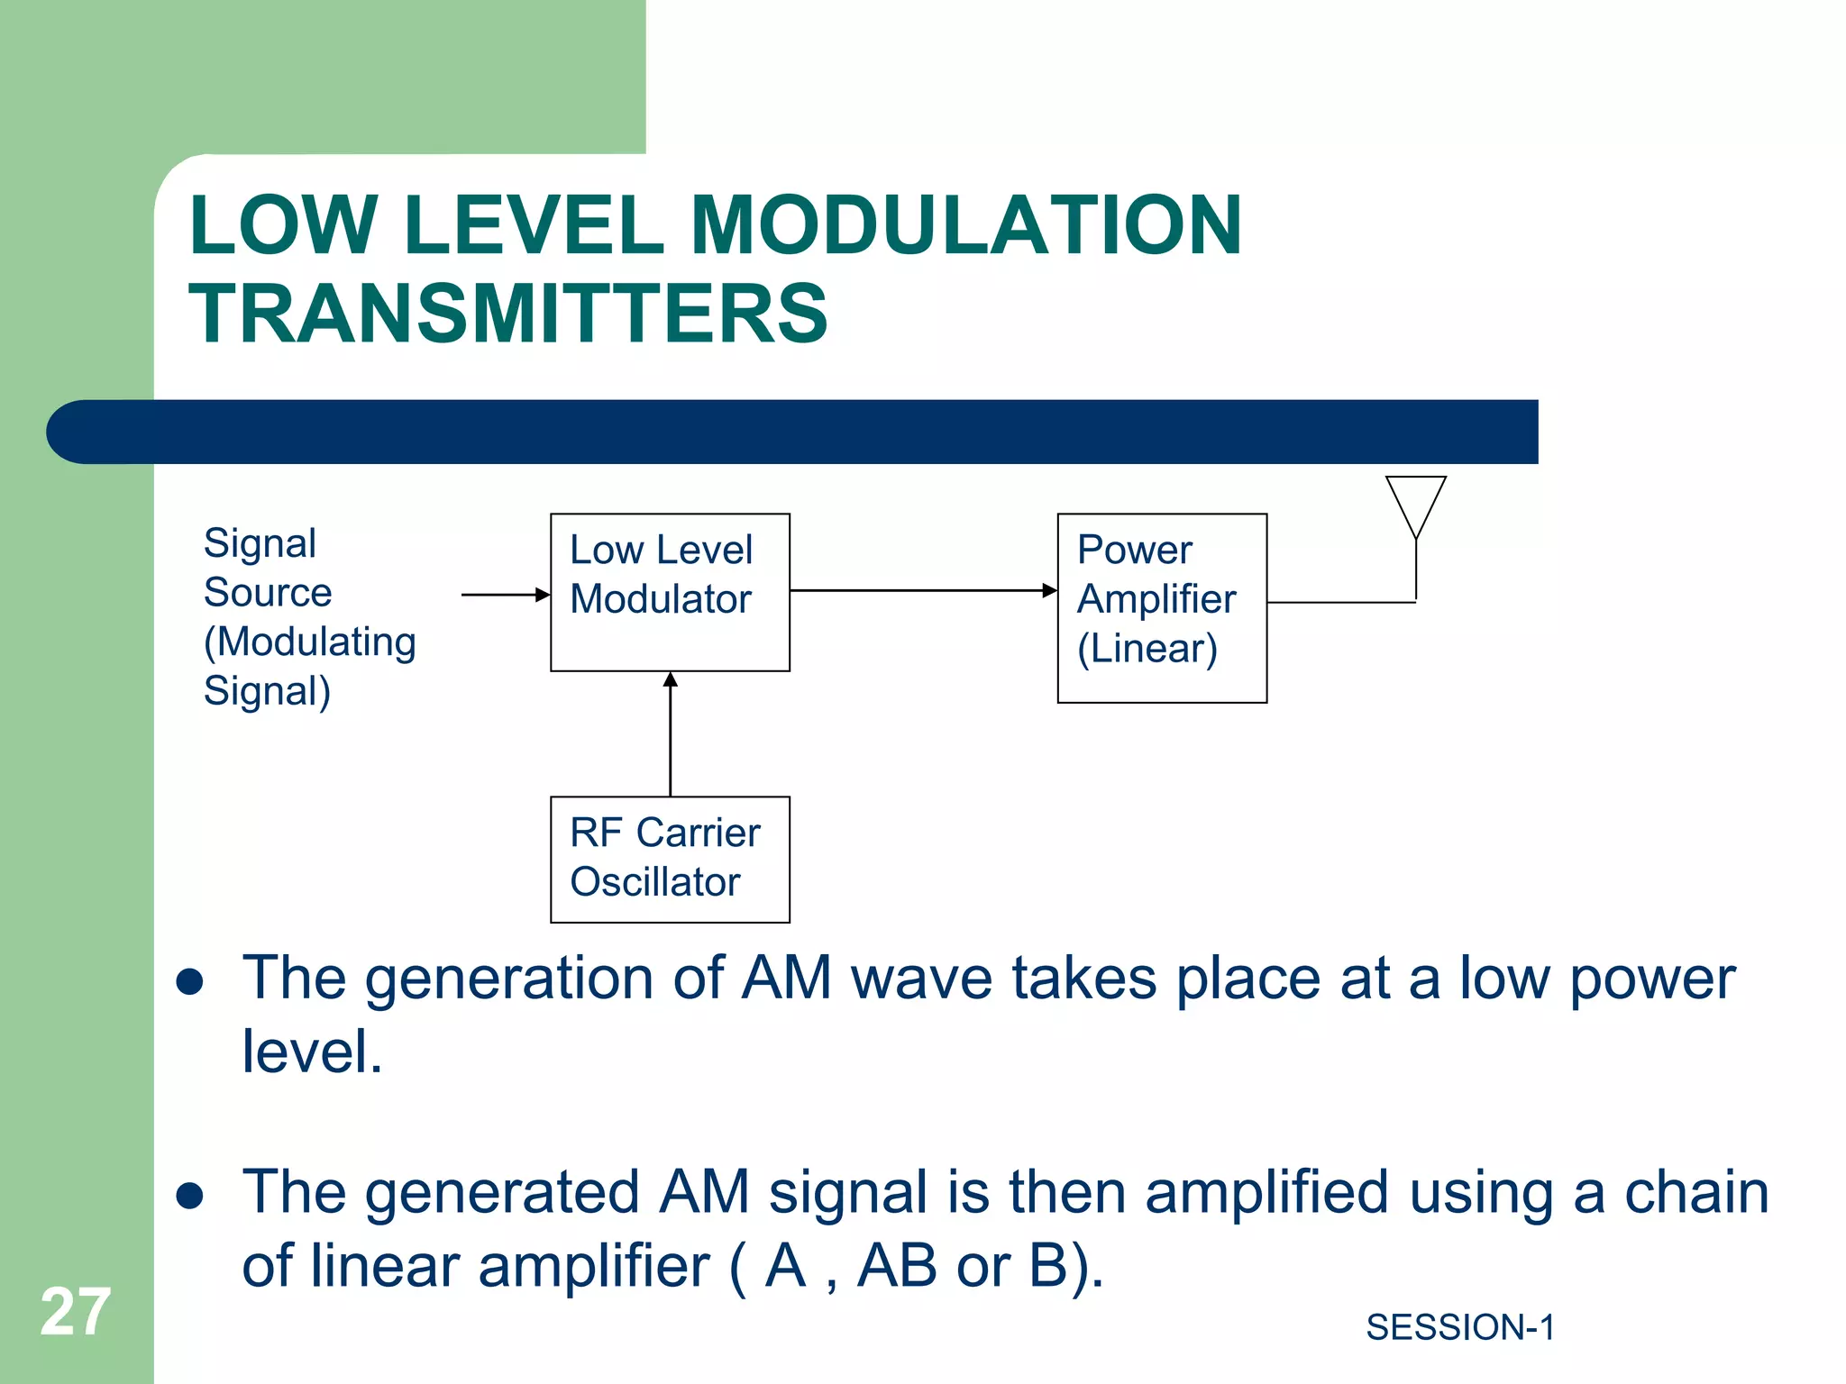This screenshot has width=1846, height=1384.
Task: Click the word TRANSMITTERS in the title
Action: point(507,313)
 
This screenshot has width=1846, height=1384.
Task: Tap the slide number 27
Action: point(75,1312)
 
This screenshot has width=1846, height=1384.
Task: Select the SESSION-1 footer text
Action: point(1459,1327)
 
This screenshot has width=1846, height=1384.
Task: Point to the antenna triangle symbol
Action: point(1415,501)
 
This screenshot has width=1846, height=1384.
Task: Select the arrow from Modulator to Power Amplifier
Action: point(919,590)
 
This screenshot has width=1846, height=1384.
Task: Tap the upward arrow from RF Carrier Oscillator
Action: point(670,734)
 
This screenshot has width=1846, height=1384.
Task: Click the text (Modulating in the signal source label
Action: point(309,642)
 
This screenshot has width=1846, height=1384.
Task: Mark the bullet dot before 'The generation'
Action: point(189,981)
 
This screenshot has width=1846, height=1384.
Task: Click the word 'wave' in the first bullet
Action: point(920,979)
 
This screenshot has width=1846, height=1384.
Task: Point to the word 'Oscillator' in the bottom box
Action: point(655,882)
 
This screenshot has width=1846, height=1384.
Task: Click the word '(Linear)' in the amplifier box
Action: point(1147,649)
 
